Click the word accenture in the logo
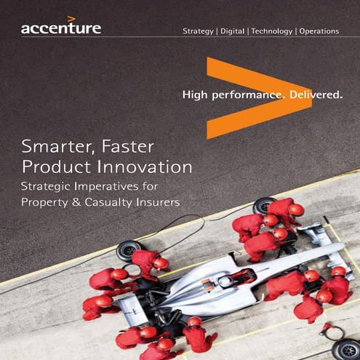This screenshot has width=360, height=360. click(x=60, y=29)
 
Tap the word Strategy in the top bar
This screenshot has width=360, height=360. click(x=198, y=32)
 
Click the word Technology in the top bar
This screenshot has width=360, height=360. click(x=272, y=32)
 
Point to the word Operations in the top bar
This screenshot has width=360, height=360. click(x=319, y=32)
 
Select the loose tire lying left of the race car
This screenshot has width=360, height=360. click(x=128, y=250)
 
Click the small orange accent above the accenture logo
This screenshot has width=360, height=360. click(x=71, y=19)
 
